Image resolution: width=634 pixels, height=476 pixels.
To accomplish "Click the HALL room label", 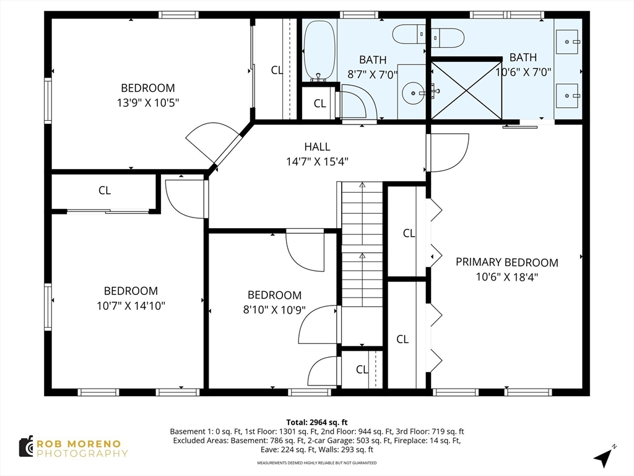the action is (x=317, y=146).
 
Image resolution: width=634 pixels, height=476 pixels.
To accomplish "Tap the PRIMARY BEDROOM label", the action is (x=506, y=262).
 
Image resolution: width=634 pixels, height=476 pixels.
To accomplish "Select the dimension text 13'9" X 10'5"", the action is (x=148, y=103).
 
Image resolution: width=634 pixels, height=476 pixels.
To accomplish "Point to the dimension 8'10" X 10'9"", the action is (x=274, y=310).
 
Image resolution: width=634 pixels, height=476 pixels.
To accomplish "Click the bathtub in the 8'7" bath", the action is (x=319, y=51).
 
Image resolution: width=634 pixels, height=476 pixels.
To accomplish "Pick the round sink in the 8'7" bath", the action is (x=413, y=93).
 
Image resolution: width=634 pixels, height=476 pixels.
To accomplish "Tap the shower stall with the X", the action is (x=466, y=90).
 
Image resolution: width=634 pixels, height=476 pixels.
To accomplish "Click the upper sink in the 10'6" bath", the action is (x=567, y=42).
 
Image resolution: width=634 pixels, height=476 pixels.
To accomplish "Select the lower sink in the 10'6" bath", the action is (x=567, y=96).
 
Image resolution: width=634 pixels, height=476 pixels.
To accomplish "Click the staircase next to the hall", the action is (x=362, y=244).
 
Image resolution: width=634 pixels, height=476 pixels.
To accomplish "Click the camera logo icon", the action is (x=27, y=447).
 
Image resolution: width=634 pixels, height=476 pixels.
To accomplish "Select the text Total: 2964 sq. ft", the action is (x=317, y=423).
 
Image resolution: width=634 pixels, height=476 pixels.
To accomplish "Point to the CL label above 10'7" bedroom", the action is (x=105, y=190).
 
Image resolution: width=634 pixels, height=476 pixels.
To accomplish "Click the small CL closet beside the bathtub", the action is (x=320, y=104).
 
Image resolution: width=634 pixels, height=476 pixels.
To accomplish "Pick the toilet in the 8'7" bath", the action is (x=409, y=34).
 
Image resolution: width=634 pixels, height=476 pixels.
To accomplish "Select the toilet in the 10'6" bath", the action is (x=448, y=38).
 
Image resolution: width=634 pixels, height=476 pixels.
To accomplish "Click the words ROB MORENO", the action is (x=79, y=444).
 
